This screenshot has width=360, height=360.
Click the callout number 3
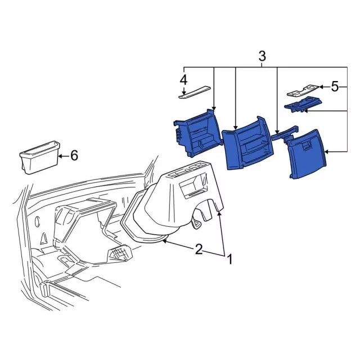262,56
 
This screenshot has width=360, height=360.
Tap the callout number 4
184,80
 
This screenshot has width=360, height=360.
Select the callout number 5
335,87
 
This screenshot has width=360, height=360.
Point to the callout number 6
74,156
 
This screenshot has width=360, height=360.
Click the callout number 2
199,249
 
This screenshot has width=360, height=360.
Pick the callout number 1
229,259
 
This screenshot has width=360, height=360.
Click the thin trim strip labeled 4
194,92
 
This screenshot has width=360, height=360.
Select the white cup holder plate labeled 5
303,91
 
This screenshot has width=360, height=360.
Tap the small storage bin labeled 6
40,157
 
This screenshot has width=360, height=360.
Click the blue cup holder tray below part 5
303,105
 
